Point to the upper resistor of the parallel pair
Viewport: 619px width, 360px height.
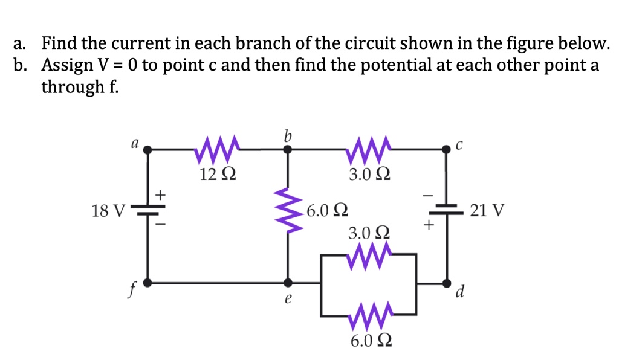pos(369,256)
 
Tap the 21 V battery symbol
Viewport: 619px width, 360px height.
pos(447,211)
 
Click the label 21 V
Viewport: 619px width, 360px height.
pos(487,211)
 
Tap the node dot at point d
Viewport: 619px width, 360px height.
pos(447,282)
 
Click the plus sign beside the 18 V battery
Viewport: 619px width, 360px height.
pos(161,194)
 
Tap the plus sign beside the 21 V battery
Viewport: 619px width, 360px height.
pos(429,226)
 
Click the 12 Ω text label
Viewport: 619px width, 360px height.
pos(218,175)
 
